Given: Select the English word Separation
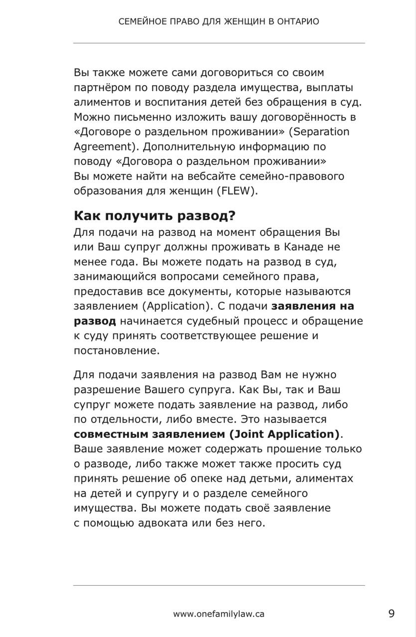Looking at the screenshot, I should coord(321,132).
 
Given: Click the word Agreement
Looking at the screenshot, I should coord(102,147).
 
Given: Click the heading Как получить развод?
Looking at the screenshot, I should coord(155,216).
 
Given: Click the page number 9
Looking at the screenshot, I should coord(392,614).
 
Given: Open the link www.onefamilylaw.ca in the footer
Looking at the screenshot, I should coord(219,614).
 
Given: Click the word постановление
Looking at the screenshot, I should coord(116,351).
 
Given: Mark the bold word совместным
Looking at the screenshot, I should coord(109,434).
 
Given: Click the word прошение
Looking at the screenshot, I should coord(287,449).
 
